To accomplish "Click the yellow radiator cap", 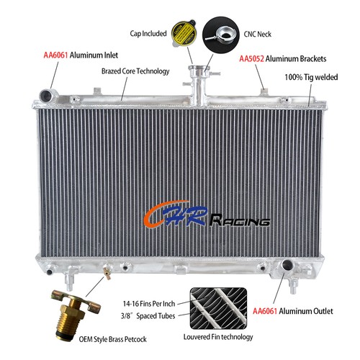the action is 184,33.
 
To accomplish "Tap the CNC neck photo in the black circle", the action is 221,35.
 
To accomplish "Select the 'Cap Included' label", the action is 148,33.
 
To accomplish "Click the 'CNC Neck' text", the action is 258,34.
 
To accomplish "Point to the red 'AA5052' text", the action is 251,59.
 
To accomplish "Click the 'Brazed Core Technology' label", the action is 135,71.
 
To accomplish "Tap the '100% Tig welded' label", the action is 311,77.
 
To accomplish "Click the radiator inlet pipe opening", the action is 46,96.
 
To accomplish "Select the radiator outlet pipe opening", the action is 287,265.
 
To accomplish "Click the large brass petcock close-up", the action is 74,314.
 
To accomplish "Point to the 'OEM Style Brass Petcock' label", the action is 112,339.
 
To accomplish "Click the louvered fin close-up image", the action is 218,308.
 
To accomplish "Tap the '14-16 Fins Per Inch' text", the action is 149,304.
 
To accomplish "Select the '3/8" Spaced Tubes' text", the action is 148,316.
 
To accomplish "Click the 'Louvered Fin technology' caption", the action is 218,337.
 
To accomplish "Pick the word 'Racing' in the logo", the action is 240,220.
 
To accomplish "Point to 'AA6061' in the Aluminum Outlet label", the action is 265,311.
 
